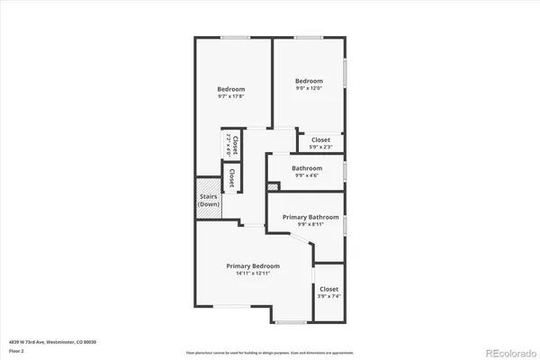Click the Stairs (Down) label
pyautogui.click(x=209, y=201)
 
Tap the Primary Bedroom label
pyautogui.click(x=252, y=266)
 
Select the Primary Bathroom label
pyautogui.click(x=310, y=217)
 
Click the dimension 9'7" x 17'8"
pyautogui.click(x=231, y=97)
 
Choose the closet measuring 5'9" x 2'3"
pyautogui.click(x=320, y=141)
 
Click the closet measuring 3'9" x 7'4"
pyautogui.click(x=328, y=292)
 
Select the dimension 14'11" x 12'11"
pyautogui.click(x=252, y=274)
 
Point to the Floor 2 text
pyautogui.click(x=17, y=350)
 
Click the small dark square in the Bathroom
pyautogui.click(x=273, y=186)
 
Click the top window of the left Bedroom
pyautogui.click(x=236, y=37)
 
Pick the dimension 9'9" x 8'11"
pyautogui.click(x=310, y=224)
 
